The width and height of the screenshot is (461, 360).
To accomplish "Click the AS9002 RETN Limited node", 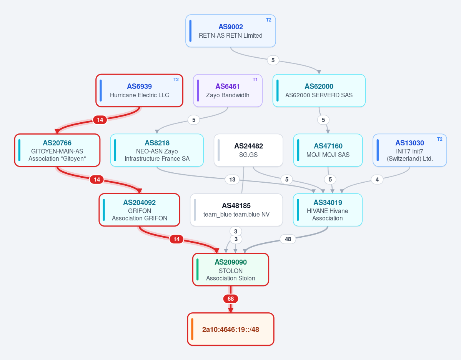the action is (231, 31).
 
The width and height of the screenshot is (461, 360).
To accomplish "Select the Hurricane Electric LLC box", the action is (139, 91).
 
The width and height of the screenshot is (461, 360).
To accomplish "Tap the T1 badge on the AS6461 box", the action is (255, 80).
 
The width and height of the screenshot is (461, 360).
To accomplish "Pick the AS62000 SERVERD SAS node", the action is (319, 91).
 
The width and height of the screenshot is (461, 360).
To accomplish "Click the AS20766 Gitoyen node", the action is (57, 150).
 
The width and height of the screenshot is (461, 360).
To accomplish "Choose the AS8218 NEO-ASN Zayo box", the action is (157, 150).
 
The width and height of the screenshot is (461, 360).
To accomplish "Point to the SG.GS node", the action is (248, 150).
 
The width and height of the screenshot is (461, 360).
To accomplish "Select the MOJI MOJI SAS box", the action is (328, 150).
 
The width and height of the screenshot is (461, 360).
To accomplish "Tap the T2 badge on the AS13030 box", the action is (439, 139).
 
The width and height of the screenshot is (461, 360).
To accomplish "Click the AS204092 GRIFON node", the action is (139, 210).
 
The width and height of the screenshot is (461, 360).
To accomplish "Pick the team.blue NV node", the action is (236, 210).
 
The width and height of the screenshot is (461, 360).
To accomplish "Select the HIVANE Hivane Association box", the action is (328, 210).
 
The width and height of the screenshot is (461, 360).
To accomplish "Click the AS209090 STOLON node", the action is (231, 269).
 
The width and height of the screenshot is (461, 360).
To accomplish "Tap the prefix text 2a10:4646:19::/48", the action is (231, 329).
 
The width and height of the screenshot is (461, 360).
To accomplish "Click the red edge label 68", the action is (231, 299).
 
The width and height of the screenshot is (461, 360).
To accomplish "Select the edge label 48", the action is (288, 239).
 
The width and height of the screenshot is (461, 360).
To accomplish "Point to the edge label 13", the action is (232, 179).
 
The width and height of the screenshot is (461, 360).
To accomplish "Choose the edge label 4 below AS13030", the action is (377, 179).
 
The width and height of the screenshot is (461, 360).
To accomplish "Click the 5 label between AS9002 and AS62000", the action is (273, 60).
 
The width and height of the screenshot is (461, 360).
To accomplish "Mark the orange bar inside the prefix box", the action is (192, 329).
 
